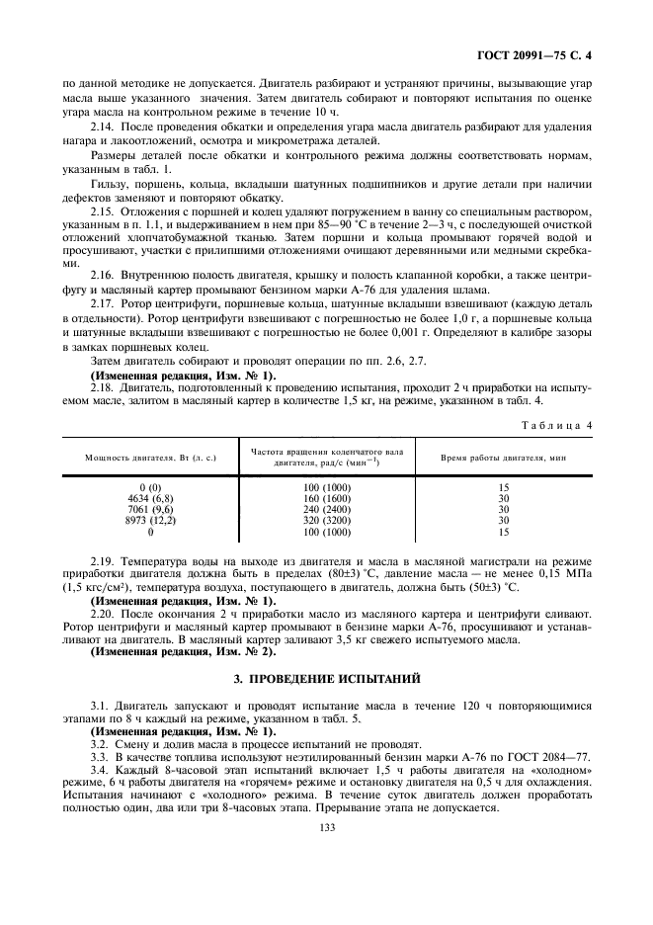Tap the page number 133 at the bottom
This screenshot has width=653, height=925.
[327, 828]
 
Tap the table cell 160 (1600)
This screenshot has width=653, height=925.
[327, 498]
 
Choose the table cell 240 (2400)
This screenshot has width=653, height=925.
[327, 509]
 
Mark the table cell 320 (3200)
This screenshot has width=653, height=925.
[327, 520]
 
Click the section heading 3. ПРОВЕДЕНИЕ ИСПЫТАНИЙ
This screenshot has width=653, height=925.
[327, 679]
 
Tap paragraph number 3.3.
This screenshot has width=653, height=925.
[100, 756]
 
